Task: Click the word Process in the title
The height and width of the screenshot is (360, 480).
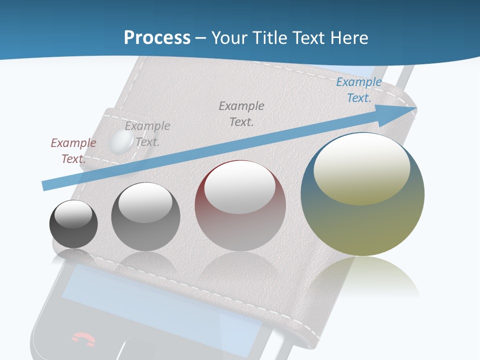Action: pyautogui.click(x=157, y=37)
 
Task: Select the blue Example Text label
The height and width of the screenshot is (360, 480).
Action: pyautogui.click(x=359, y=90)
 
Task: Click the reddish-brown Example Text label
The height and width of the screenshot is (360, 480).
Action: pyautogui.click(x=73, y=150)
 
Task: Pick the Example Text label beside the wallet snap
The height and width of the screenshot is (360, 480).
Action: pyautogui.click(x=147, y=133)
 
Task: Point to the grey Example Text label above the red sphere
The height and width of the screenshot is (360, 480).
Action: pyautogui.click(x=241, y=113)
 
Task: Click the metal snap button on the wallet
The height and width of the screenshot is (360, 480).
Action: pyautogui.click(x=120, y=142)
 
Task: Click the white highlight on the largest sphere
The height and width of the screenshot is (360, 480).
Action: pyautogui.click(x=362, y=168)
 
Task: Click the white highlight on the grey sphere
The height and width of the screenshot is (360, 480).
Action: pyautogui.click(x=145, y=202)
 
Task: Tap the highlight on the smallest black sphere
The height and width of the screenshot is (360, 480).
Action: pyautogui.click(x=73, y=214)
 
